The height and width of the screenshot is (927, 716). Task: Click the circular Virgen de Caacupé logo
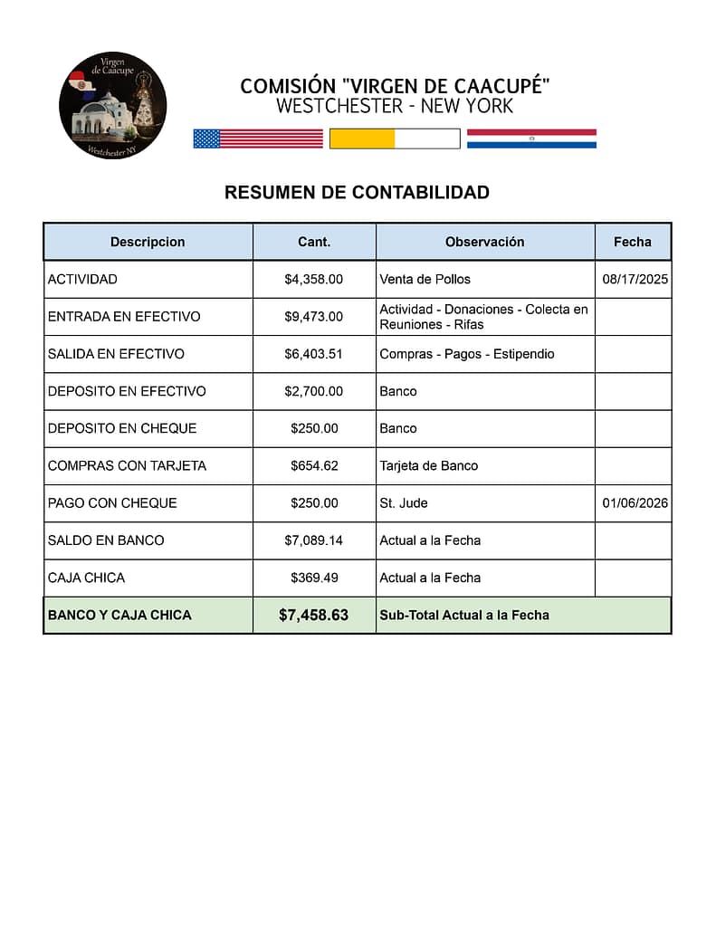click(x=113, y=106)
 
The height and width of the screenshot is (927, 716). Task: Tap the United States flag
click(x=258, y=139)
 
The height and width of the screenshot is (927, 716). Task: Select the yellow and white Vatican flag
click(x=395, y=139)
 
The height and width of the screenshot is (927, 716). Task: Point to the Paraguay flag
click(x=531, y=139)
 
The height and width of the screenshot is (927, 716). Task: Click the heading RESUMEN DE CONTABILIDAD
click(x=357, y=193)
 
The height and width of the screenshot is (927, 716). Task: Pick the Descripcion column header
click(x=148, y=242)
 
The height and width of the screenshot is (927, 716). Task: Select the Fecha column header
click(x=632, y=242)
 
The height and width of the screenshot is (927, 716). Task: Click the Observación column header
click(x=484, y=242)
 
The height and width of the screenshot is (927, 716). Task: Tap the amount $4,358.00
click(x=313, y=279)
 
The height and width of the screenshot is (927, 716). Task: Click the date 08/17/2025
click(x=635, y=279)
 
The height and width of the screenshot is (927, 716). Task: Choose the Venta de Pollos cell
click(x=425, y=279)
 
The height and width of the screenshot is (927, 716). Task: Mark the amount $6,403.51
click(x=313, y=354)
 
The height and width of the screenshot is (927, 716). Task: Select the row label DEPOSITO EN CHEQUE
click(x=122, y=428)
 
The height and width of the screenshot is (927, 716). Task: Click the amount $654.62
click(x=314, y=465)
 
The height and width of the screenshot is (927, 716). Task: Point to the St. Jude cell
click(x=404, y=503)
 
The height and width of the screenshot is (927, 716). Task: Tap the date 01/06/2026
click(x=635, y=503)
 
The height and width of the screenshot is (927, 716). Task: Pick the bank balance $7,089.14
click(x=313, y=540)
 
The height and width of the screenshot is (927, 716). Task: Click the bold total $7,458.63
click(x=313, y=616)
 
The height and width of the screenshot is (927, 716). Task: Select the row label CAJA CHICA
click(x=86, y=578)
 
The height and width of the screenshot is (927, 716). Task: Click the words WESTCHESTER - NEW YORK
click(x=395, y=107)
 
